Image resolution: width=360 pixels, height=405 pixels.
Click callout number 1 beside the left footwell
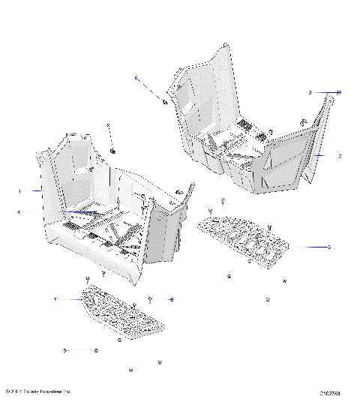point(19,191)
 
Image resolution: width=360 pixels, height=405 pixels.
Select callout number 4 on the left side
point(19,212)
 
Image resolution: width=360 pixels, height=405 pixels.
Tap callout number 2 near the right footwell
point(340,157)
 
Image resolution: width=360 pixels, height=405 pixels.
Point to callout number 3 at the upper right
point(310,92)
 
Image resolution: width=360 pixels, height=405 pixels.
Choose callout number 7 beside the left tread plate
point(55,299)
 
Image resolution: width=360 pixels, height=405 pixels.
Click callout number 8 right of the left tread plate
point(172,300)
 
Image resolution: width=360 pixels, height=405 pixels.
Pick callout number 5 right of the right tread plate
point(328,246)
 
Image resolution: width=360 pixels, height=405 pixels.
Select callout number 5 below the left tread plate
point(64,350)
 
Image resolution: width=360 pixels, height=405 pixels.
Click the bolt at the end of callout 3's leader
point(339,92)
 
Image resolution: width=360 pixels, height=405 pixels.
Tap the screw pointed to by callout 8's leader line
point(151,299)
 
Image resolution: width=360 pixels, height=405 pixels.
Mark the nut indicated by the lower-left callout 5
point(97,350)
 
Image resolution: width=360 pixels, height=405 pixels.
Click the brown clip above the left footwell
point(112,151)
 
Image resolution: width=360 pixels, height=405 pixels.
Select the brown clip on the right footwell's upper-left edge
point(164,100)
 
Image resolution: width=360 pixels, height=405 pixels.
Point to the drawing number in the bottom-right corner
point(330,393)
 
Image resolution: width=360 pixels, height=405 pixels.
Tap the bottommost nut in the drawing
point(131,370)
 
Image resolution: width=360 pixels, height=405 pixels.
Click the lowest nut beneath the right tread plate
point(268,300)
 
